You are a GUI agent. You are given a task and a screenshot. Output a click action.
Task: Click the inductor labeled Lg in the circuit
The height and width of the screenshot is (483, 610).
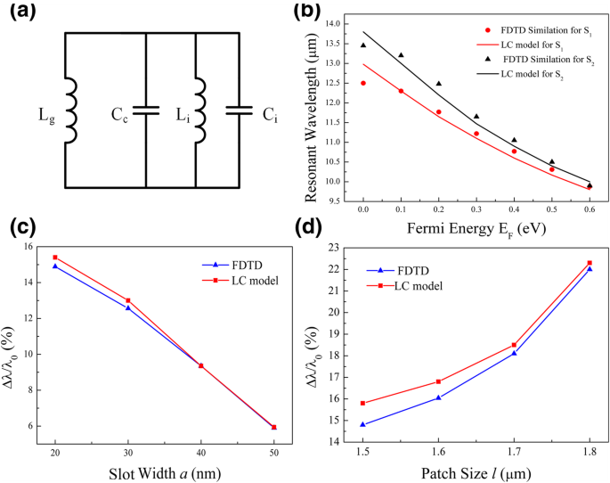tap(70, 110)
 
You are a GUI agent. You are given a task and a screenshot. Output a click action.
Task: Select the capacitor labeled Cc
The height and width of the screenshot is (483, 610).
tap(147, 110)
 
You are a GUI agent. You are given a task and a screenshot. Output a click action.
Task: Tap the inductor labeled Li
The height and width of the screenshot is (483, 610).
tap(199, 110)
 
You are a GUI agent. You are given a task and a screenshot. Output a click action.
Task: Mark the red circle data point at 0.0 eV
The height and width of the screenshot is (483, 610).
tap(363, 83)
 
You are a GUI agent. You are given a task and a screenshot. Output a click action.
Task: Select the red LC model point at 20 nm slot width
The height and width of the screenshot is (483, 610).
tap(54, 258)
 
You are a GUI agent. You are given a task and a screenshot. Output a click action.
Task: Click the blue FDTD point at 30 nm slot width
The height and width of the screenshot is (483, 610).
tap(128, 307)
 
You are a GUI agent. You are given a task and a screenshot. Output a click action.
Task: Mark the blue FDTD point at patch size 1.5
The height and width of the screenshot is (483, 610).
tap(362, 424)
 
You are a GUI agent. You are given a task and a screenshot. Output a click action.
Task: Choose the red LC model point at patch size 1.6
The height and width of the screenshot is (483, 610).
tap(438, 381)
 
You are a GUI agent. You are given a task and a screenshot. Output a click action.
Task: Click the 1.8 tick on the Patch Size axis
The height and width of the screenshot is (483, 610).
tap(589, 454)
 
